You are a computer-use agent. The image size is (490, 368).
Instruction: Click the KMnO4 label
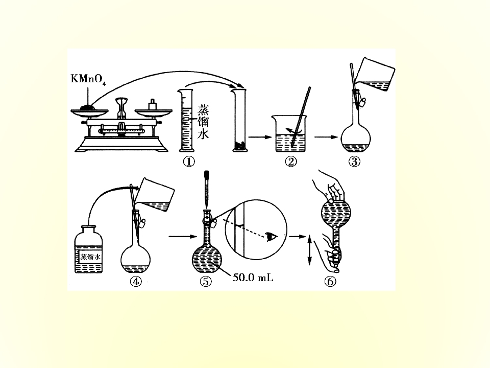[88, 79]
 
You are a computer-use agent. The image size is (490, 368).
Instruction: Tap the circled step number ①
[189, 162]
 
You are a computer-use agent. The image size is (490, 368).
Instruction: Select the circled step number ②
[291, 162]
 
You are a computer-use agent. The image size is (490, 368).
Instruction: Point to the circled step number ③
[354, 162]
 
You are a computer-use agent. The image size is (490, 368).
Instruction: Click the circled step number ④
[136, 281]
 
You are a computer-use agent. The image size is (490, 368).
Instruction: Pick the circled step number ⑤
[206, 281]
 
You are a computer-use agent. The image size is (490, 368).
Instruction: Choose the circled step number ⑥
[330, 281]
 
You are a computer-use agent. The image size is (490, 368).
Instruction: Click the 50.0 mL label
[253, 277]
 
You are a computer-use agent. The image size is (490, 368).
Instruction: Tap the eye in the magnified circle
[272, 237]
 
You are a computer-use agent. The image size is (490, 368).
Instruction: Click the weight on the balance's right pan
[152, 104]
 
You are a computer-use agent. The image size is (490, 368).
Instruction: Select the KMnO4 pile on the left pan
[87, 107]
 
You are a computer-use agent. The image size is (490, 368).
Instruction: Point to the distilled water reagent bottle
[89, 249]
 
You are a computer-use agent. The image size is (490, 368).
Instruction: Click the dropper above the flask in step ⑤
[207, 190]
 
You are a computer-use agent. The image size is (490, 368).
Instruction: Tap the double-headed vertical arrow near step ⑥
[309, 250]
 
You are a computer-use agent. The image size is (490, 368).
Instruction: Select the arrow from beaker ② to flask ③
[326, 137]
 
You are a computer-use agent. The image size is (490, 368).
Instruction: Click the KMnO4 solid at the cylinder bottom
[240, 146]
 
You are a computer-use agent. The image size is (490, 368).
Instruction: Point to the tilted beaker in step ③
[375, 75]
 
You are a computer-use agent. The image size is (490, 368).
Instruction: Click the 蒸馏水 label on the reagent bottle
[90, 257]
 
